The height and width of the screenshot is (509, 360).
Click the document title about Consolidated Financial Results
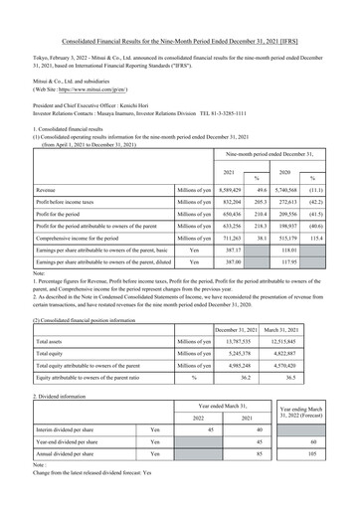tap(180, 13)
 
